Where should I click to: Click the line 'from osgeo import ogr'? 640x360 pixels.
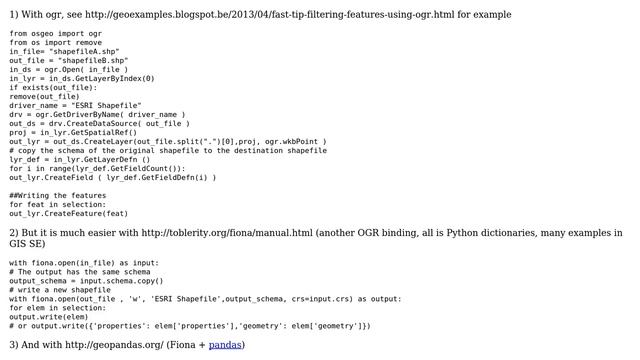(53, 33)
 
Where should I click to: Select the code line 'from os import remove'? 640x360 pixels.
(53, 42)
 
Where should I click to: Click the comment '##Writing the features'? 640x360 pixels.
(58, 195)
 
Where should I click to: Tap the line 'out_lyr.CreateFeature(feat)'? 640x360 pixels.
(69, 213)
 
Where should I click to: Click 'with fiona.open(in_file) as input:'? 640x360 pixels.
(83, 262)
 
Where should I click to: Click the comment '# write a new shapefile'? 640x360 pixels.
(60, 289)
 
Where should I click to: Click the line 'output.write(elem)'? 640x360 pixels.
(48, 316)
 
